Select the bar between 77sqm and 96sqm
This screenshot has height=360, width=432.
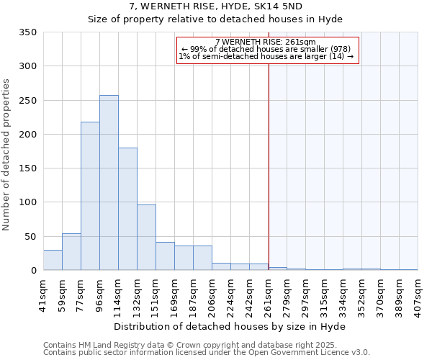point(90,197)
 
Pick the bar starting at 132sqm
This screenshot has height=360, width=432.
point(146,238)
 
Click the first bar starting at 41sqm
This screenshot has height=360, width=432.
point(53,260)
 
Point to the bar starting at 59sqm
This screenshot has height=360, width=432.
point(71,252)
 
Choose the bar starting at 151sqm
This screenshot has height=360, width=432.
point(165,256)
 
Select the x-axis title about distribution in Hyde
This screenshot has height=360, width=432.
point(230,326)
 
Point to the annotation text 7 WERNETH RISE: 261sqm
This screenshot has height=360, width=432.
point(266,42)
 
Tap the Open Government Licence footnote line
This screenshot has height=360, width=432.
point(207,353)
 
